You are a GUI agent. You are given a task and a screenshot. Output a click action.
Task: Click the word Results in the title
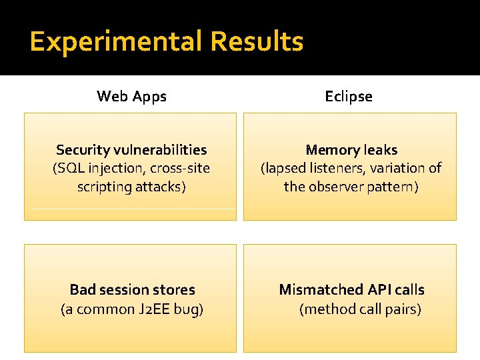click(x=257, y=42)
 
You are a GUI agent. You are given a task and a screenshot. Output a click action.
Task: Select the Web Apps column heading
click(x=131, y=97)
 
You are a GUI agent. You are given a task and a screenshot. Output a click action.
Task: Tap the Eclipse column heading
click(x=349, y=97)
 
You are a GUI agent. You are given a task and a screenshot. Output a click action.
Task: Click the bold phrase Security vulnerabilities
click(x=131, y=150)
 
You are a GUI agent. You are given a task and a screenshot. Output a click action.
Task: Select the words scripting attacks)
click(x=131, y=187)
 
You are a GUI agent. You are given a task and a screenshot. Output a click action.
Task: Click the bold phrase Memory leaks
click(x=351, y=150)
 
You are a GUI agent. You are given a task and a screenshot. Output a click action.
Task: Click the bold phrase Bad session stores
click(x=132, y=290)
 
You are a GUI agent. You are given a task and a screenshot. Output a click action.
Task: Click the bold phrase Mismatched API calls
click(x=351, y=290)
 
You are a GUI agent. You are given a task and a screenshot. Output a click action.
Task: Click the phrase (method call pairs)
click(x=360, y=309)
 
